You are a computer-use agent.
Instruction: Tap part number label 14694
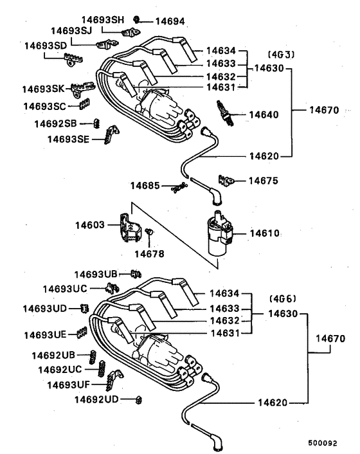tap(166, 21)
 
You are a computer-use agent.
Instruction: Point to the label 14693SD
tap(46, 46)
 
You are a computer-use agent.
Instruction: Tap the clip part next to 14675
tap(224, 180)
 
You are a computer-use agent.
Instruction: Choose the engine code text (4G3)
tap(280, 55)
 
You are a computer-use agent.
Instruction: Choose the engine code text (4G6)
tap(280, 298)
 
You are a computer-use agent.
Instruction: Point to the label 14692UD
tap(96, 399)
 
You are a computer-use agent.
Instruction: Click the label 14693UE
tap(46, 334)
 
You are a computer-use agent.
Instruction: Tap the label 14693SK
tap(44, 88)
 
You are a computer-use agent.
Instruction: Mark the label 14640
tap(264, 115)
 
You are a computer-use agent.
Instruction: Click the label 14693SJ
tap(71, 31)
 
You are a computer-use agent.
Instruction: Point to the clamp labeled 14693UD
tap(84, 309)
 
